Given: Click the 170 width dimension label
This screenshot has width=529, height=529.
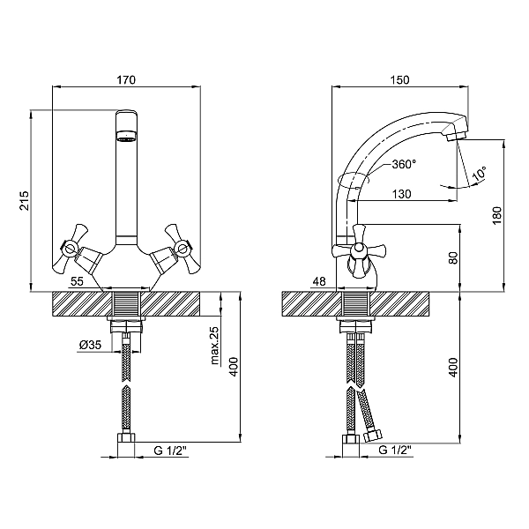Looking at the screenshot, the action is click(x=126, y=80).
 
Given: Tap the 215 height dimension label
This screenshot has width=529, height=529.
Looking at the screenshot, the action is click(x=25, y=200).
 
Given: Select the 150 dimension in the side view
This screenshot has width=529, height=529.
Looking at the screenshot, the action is click(x=399, y=80).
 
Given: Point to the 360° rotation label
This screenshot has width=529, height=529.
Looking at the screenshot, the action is click(x=404, y=164).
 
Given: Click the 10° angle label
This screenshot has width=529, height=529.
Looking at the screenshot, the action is click(x=480, y=174).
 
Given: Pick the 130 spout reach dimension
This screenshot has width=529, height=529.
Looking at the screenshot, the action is click(x=402, y=194).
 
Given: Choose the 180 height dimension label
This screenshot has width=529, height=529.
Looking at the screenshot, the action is click(x=497, y=216).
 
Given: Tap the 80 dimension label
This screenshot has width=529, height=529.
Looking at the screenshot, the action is click(x=454, y=257).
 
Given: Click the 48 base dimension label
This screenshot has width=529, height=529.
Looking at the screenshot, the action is click(x=319, y=281).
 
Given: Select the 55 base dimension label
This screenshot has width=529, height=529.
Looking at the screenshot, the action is click(x=77, y=281).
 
